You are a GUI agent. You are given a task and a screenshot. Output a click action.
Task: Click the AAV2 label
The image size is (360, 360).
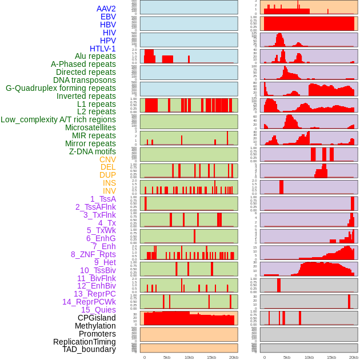(106, 9)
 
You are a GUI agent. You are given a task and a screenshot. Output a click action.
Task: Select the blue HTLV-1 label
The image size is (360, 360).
(103, 49)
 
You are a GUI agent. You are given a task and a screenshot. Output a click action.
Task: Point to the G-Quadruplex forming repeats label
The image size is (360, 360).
(61, 88)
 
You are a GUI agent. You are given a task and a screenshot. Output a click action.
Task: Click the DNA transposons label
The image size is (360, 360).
(85, 80)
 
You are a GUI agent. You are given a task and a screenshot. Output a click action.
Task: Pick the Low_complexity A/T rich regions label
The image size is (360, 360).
(58, 119)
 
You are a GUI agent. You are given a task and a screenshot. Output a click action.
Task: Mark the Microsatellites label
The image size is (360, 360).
(90, 127)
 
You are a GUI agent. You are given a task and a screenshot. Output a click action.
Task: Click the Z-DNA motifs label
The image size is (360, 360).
(93, 151)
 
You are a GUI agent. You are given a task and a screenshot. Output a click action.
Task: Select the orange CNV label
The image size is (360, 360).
(107, 159)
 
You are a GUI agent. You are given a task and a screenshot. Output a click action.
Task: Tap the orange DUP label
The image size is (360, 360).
(107, 175)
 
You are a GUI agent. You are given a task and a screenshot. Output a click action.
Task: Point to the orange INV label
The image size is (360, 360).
(109, 191)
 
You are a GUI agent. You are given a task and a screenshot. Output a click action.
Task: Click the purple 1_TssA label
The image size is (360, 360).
(103, 199)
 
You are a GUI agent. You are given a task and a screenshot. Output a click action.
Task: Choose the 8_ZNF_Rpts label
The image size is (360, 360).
(93, 254)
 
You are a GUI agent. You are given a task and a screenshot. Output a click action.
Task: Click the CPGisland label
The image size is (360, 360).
(97, 318)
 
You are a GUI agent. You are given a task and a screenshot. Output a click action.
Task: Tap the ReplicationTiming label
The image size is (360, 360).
(85, 342)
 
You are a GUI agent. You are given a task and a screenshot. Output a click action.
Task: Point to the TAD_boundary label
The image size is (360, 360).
(89, 349)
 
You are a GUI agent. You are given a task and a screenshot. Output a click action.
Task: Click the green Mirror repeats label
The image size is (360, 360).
(91, 143)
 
